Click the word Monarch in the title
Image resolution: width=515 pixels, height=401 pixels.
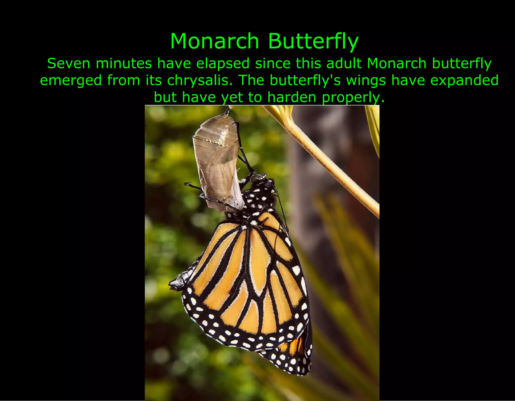coord(214,41)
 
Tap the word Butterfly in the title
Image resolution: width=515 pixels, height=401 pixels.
coord(313,41)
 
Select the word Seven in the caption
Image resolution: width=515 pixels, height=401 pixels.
coord(68,63)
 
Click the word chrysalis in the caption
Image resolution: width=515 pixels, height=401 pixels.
coord(200,80)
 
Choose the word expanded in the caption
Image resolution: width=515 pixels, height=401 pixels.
coord(464,80)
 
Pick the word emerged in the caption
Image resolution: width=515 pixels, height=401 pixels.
coord(71,80)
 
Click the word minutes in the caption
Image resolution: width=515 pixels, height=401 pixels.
coord(124,63)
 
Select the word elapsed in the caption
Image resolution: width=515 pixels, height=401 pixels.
coord(223,63)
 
